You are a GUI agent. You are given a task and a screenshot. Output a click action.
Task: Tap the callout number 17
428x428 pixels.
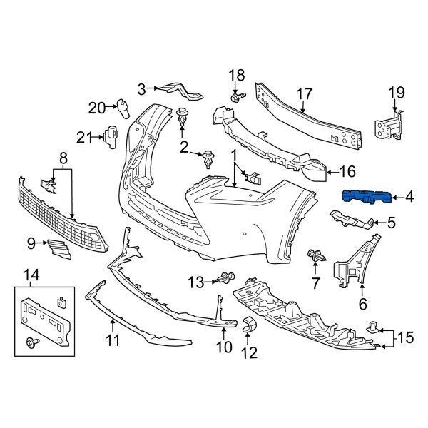click(305, 93)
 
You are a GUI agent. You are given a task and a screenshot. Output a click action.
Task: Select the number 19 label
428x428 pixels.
click(396, 91)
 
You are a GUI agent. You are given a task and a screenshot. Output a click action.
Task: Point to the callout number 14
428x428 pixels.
click(32, 274)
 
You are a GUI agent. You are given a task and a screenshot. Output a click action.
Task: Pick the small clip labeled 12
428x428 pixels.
click(250, 326)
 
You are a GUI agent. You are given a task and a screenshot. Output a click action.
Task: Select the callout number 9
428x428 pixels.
click(31, 244)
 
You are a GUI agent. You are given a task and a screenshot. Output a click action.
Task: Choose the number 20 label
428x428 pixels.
click(97, 108)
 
